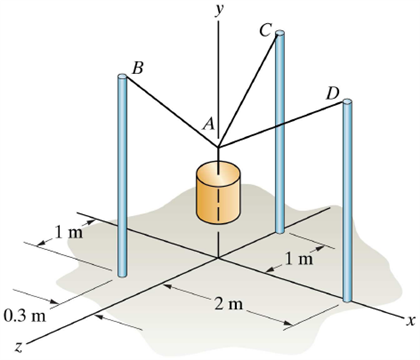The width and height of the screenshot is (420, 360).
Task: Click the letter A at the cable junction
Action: click(208, 123)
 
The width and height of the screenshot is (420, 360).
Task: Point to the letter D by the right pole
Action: click(333, 94)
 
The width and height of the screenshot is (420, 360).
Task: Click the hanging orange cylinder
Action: click(217, 192)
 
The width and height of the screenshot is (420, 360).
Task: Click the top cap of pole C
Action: click(281, 35)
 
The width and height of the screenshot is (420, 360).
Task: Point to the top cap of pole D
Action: click(348, 101)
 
